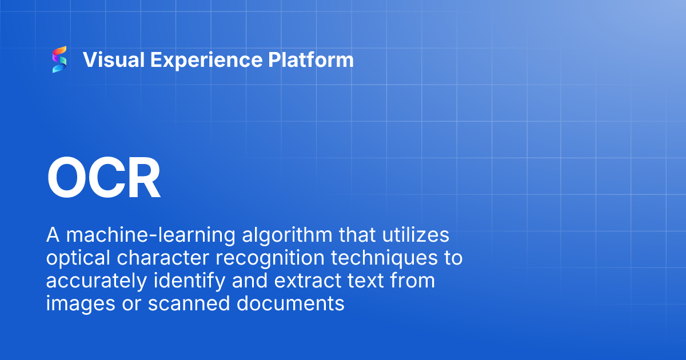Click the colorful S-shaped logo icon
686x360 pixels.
[x=59, y=60]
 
